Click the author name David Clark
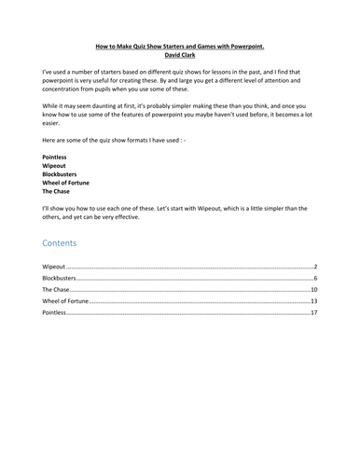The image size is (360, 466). (x=180, y=53)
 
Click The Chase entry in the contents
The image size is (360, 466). (x=56, y=290)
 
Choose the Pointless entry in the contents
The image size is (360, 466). (x=55, y=314)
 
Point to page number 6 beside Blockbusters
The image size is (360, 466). (x=317, y=278)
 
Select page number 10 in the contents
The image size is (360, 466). (x=315, y=290)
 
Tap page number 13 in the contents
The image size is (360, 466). (x=315, y=302)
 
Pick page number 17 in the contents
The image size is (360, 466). (x=315, y=314)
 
